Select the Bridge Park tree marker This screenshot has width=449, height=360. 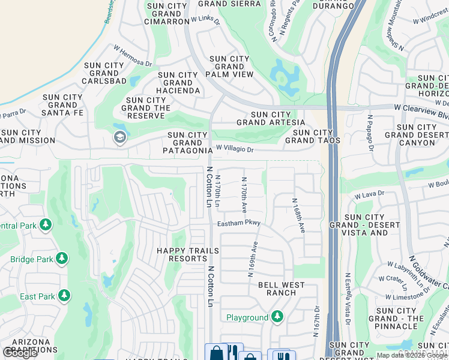[61, 259]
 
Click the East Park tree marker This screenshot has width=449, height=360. [63, 296]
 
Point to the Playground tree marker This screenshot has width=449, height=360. [277, 316]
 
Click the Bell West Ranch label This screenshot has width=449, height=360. [281, 289]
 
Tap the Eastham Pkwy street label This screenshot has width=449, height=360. [239, 223]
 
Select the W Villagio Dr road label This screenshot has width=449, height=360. [235, 148]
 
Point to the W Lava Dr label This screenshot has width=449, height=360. [369, 195]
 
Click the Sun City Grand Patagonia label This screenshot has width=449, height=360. [187, 143]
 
